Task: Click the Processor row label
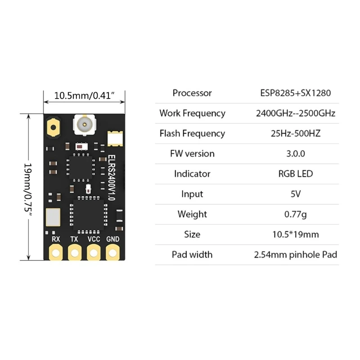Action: [x=192, y=93]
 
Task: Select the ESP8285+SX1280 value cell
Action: [x=296, y=93]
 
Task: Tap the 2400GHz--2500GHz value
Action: [x=296, y=113]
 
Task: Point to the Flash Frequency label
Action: [x=192, y=134]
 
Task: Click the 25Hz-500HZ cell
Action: [x=296, y=134]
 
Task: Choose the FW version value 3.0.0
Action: [x=296, y=154]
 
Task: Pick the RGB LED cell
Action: [x=296, y=174]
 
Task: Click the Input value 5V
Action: [x=296, y=194]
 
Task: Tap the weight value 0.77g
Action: [x=296, y=214]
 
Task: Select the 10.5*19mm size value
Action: [x=296, y=234]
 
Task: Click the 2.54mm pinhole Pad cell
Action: [x=296, y=255]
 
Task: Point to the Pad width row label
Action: [x=192, y=255]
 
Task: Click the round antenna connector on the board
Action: [x=84, y=124]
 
